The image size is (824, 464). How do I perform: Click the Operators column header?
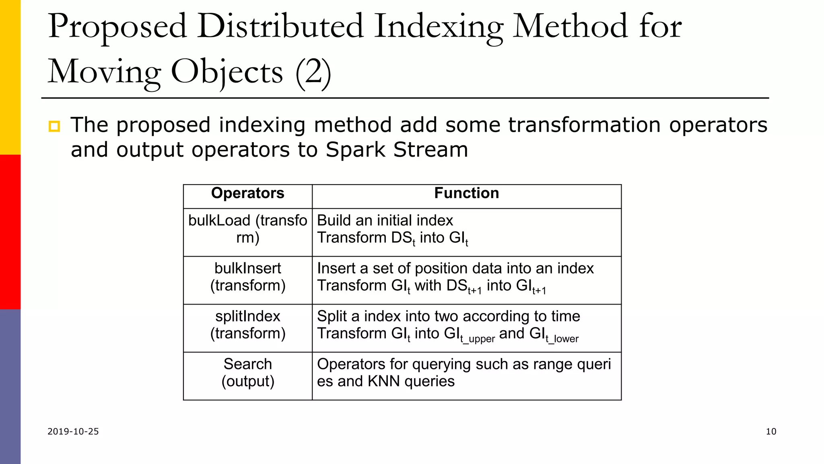247,193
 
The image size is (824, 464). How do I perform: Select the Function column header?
466,193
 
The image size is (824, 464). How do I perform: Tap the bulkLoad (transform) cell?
247,229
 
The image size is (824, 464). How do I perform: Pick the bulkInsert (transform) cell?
247,277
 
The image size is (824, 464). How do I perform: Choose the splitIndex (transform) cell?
247,325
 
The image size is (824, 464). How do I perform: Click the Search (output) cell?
247,373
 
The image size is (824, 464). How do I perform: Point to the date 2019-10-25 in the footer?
73,431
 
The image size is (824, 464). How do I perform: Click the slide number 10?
770,431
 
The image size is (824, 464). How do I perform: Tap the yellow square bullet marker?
54,126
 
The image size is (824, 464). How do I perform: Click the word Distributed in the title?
280,27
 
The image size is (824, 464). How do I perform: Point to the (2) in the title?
313,72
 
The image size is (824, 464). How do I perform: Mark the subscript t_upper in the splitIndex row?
478,339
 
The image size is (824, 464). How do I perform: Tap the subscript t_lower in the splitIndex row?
562,339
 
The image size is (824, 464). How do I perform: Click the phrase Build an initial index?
385,220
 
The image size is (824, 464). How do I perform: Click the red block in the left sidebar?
10,232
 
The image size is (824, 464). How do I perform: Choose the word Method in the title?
570,27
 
